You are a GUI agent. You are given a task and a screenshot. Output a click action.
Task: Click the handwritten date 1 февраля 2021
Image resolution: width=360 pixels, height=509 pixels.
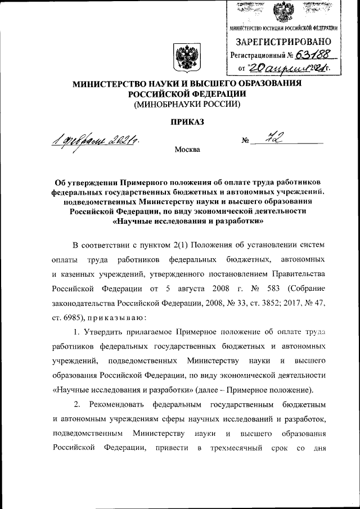(97, 139)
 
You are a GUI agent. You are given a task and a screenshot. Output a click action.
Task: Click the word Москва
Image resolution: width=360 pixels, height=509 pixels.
(187, 150)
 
